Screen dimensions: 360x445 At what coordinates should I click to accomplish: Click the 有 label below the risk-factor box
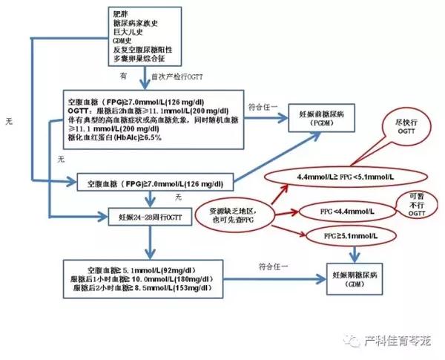[x=125, y=76]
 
